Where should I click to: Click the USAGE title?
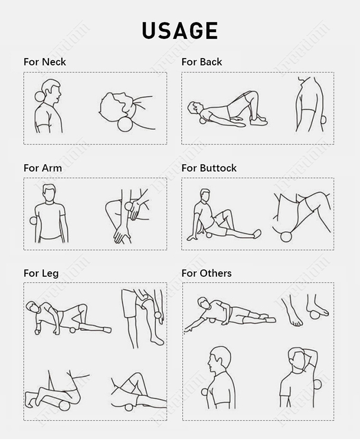pos(179,30)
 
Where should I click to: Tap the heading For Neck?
pos(44,62)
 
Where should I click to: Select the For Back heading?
pos(201,62)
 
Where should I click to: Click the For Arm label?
pos(43,168)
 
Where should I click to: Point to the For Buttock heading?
pos(209,168)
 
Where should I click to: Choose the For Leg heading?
pos(41,273)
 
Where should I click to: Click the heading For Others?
pos(206,273)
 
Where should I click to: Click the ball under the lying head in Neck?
pos(125,123)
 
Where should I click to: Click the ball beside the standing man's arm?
pos(33,220)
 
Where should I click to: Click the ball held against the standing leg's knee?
pos(157,316)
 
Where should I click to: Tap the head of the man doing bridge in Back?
pos(195,107)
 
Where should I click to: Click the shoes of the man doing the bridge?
pos(259,120)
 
